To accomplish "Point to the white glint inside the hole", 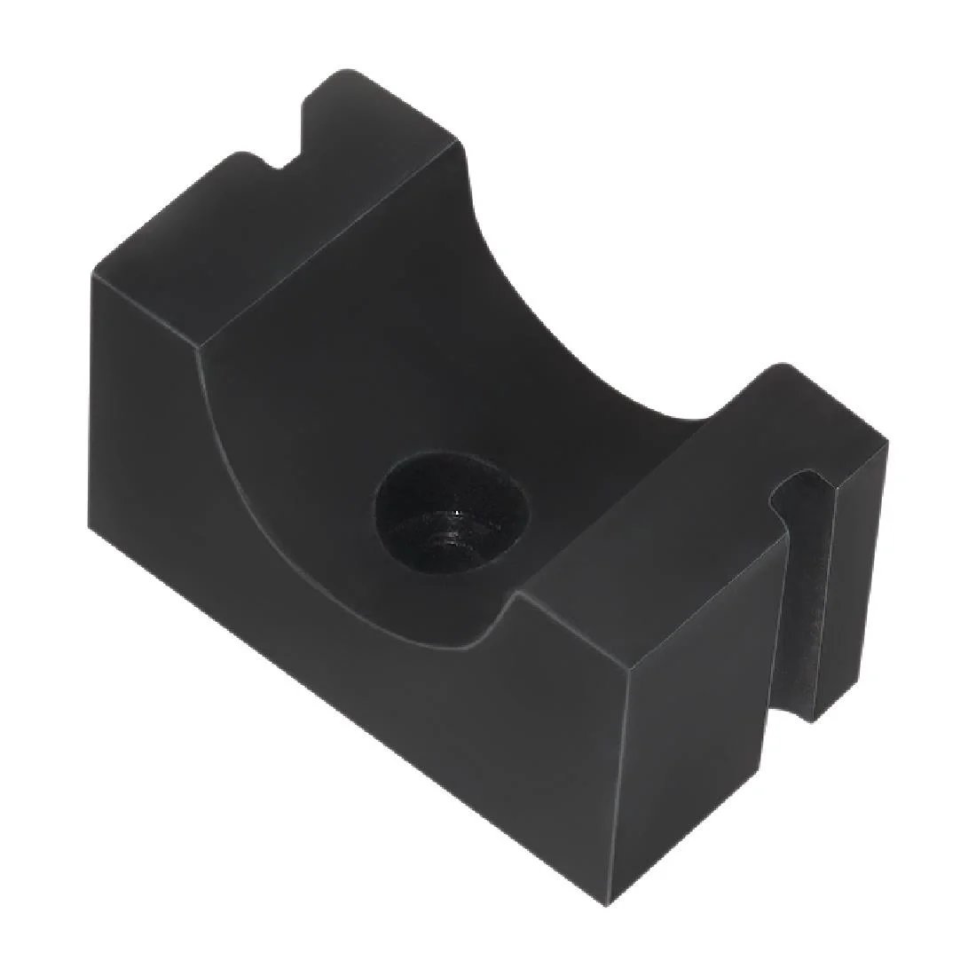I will [x=457, y=513].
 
